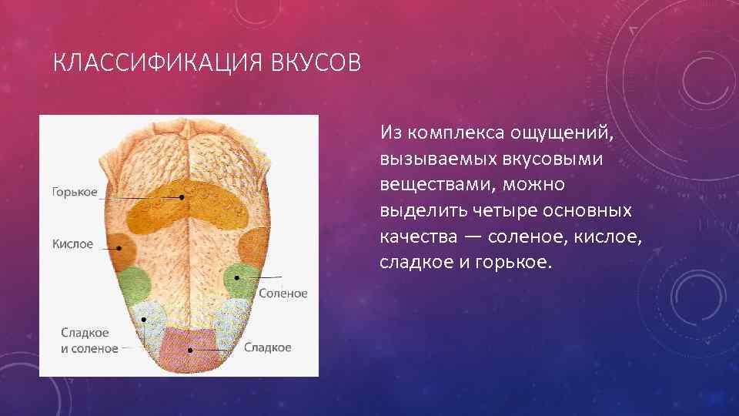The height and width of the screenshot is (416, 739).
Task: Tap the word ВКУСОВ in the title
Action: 316,62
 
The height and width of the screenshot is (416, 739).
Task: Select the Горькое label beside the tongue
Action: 75,192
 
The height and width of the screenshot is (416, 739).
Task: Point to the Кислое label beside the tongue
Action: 72,244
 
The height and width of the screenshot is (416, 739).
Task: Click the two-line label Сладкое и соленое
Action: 89,341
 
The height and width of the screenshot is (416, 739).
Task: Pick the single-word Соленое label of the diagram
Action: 283,294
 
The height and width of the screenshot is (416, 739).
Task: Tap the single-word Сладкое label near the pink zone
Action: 268,347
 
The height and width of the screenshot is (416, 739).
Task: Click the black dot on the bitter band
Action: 182,197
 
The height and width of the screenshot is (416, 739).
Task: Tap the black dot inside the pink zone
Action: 189,351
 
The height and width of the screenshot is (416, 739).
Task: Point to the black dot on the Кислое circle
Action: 119,247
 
